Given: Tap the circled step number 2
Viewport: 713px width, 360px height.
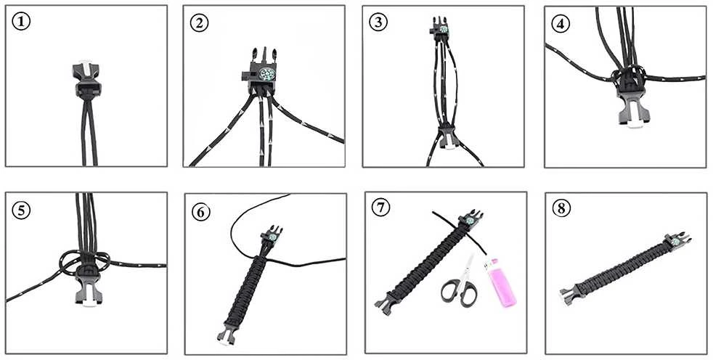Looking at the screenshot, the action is (x=199, y=23).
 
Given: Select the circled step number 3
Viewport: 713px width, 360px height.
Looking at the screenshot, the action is (x=378, y=22).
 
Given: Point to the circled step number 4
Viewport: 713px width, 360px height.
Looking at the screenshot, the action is (x=561, y=24).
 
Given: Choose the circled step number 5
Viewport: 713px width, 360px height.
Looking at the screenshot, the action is (x=21, y=210).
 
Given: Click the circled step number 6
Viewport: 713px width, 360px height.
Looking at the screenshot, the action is (x=200, y=212).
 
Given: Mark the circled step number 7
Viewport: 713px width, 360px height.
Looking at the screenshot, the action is (x=381, y=208).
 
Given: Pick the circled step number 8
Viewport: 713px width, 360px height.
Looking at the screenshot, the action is (x=561, y=208).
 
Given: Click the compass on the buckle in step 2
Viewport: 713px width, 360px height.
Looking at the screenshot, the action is (x=266, y=74).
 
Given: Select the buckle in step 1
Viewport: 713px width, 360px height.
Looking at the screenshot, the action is (x=86, y=79).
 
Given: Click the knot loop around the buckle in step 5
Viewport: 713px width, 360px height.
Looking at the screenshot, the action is (x=85, y=263).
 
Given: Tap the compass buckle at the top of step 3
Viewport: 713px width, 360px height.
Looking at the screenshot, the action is (x=439, y=30).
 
